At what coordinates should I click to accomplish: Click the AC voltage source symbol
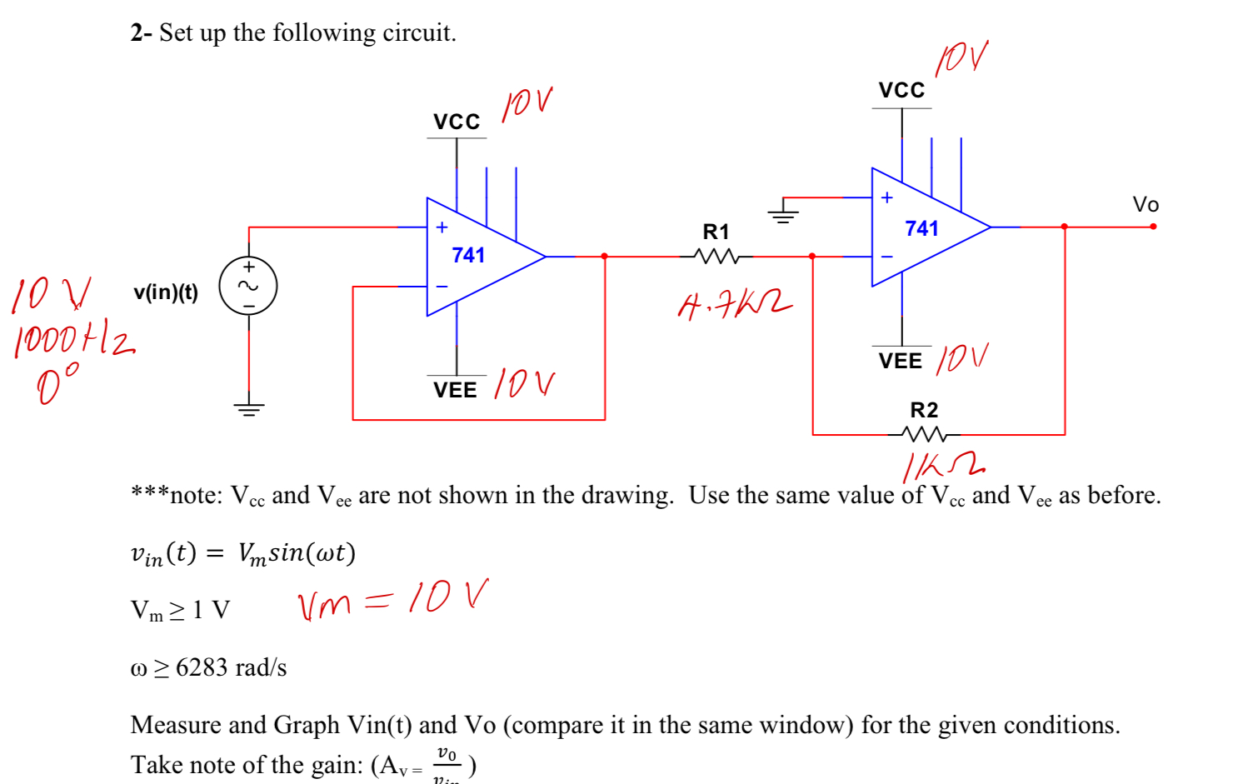coord(248,286)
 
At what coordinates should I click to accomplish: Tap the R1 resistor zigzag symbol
coord(716,257)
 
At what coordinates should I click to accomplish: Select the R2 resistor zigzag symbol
coord(924,434)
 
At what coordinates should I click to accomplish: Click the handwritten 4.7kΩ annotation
coord(733,305)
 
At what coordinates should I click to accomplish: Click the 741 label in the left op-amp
coord(468,256)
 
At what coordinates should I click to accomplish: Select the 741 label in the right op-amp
coord(921,229)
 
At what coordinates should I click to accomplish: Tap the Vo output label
coord(1146,205)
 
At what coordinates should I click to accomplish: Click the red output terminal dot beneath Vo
coord(1153,227)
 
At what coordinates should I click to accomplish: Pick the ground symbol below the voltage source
coord(248,408)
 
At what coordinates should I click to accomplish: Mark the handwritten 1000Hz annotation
coord(73,342)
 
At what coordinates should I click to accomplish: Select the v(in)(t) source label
coord(166,292)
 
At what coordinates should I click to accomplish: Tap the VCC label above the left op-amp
coord(457,122)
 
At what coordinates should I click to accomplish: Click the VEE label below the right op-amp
coord(901,361)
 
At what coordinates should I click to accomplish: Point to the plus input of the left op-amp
coord(442,227)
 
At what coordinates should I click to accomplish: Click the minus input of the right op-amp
coord(886,257)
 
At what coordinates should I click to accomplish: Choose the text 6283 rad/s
coord(231,667)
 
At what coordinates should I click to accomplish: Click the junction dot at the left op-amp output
coord(604,257)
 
